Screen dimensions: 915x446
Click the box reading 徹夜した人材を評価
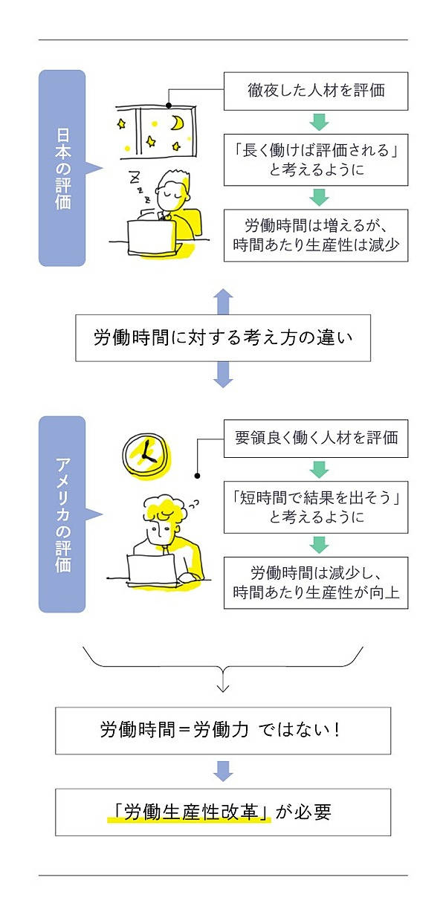coord(316,91)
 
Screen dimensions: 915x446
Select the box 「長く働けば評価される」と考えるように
coord(316,159)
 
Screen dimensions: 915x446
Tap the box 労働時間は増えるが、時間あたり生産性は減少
coord(316,235)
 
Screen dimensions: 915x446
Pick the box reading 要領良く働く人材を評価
coord(316,438)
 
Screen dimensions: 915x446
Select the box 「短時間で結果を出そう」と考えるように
coord(316,507)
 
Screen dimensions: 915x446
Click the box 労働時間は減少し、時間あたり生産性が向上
coord(316,583)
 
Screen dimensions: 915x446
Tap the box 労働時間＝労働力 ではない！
coord(223,730)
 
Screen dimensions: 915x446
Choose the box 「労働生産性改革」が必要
coord(223,812)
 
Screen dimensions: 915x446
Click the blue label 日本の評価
coord(62,168)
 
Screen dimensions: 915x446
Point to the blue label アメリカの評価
coord(62,514)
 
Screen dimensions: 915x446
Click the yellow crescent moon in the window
coord(178,123)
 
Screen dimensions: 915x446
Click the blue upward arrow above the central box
coord(223,302)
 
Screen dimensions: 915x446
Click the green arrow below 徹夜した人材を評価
coord(318,122)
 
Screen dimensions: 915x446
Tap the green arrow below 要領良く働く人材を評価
coord(318,469)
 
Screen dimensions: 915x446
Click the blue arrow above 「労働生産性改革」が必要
coord(223,771)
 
